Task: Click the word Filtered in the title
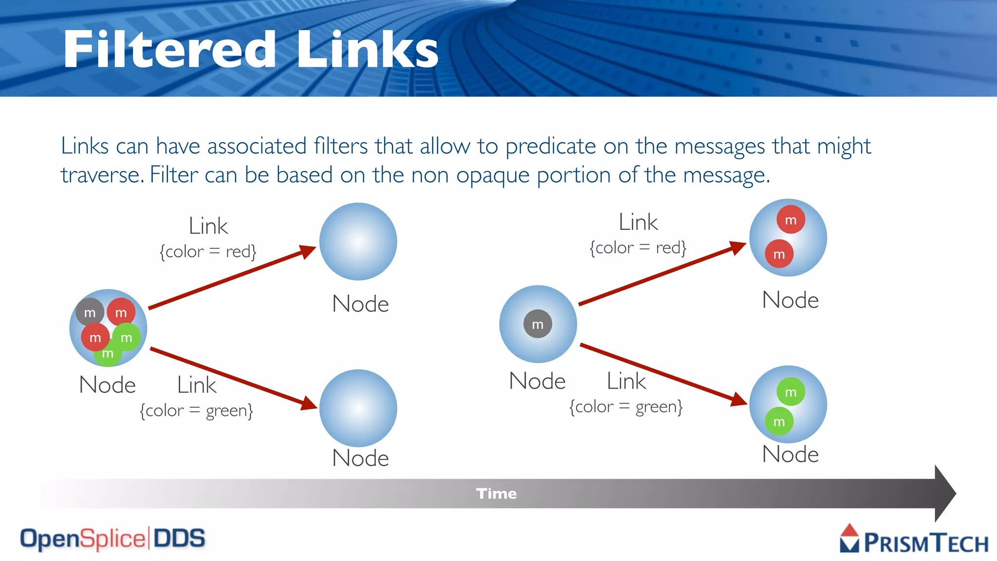click(169, 50)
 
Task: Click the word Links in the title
click(368, 50)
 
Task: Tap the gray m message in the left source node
click(90, 313)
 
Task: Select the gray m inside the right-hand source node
click(537, 324)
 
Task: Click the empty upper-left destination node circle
click(358, 242)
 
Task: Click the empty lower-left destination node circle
click(358, 408)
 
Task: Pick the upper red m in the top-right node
click(791, 220)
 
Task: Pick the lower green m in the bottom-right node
click(779, 422)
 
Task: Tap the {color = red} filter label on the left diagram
click(208, 252)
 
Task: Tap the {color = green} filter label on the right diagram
click(626, 407)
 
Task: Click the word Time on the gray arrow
click(496, 494)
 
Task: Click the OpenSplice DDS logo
click(112, 539)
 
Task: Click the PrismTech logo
click(914, 540)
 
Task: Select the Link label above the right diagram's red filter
click(638, 223)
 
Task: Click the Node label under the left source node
click(107, 385)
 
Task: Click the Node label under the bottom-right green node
click(790, 454)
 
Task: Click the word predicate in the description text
click(550, 147)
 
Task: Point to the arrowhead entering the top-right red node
click(738, 247)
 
